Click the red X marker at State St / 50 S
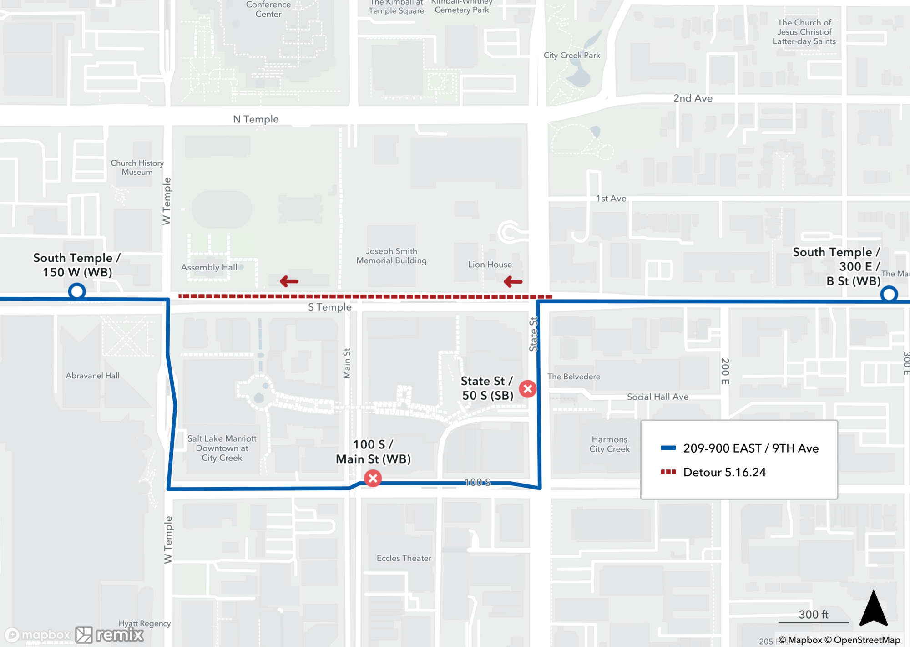[528, 389]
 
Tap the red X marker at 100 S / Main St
[373, 479]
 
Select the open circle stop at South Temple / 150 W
[77, 291]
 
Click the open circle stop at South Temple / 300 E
[889, 294]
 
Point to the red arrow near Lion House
[513, 282]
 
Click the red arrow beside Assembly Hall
[289, 281]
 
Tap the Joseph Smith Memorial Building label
[391, 256]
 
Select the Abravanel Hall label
[92, 376]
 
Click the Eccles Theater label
[404, 558]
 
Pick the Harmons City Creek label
[609, 444]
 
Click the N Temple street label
[256, 119]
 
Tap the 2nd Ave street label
[693, 98]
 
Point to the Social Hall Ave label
[657, 397]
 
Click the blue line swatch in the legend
[668, 448]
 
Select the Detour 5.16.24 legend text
[724, 472]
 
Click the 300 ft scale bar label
[814, 615]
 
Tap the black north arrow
[873, 609]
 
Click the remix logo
[110, 635]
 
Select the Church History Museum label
[137, 168]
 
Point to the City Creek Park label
[571, 56]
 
